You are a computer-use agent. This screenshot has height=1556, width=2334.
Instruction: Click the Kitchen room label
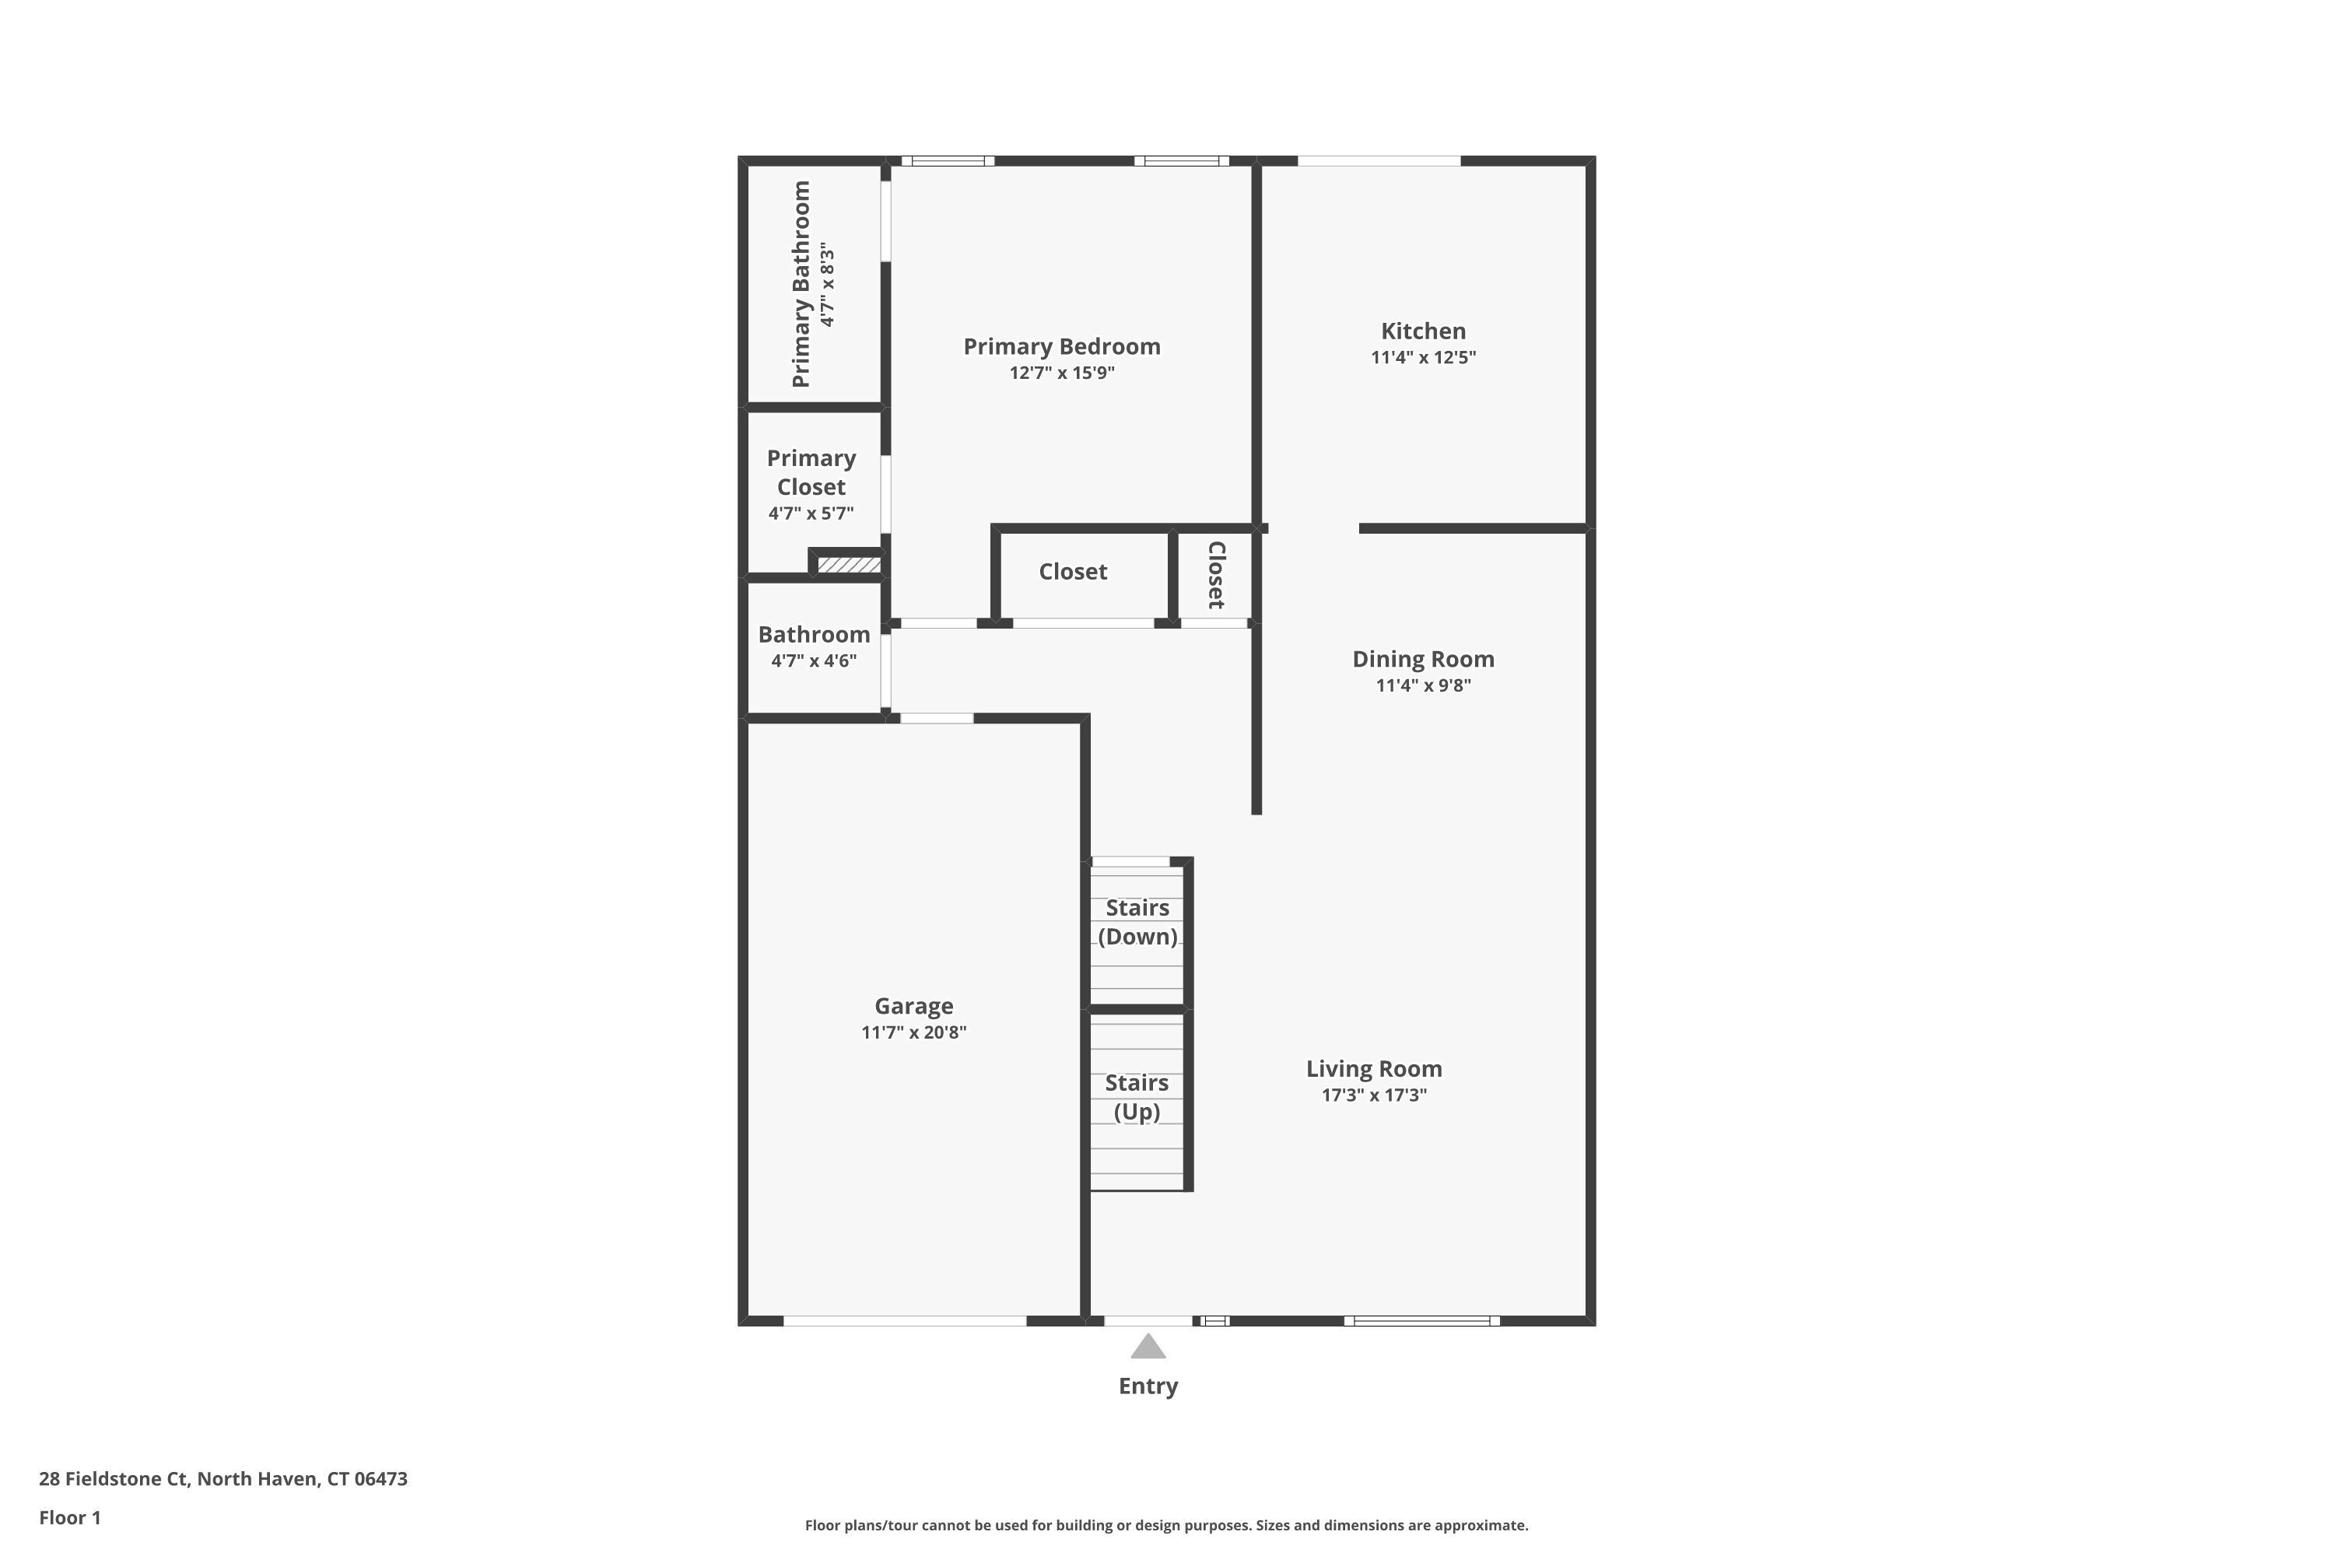pos(1422,331)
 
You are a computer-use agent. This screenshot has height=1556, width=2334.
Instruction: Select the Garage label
pos(913,1006)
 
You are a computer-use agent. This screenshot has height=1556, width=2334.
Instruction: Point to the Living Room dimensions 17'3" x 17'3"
pos(1373,1095)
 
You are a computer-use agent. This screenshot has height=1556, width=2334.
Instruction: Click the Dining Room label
pos(1422,659)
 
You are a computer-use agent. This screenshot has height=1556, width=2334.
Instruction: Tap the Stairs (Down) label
pos(1137,922)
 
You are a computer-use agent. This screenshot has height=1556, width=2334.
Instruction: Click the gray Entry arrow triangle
pos(1148,1347)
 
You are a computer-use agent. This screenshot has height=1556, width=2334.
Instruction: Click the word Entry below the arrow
pos(1148,1386)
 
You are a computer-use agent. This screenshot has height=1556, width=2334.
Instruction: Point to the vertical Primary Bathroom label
pos(801,284)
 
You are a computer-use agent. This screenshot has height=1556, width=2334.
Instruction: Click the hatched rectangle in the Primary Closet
pos(849,565)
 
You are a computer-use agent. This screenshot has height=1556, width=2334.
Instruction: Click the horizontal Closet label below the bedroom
pos(1073,572)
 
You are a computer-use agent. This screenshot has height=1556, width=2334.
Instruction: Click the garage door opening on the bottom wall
pos(904,1321)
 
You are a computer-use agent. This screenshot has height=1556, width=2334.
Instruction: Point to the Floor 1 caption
pos(69,1517)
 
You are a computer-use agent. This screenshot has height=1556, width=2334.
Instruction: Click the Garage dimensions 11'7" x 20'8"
pos(913,1033)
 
